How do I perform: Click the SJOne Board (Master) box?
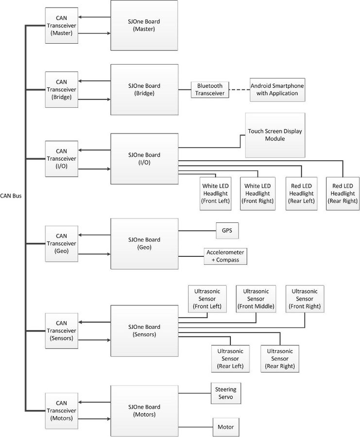[144, 25]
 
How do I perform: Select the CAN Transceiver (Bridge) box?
[62, 89]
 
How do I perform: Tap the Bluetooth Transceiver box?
[210, 89]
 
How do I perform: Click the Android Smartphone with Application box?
[277, 90]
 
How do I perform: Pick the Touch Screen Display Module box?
[275, 135]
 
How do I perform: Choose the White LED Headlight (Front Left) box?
[216, 193]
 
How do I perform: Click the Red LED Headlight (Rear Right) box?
[343, 193]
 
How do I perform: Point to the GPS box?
[227, 231]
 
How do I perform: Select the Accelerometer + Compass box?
[225, 256]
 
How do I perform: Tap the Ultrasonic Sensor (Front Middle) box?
[256, 299]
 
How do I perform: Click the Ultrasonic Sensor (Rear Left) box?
[230, 359]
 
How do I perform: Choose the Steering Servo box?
[225, 393]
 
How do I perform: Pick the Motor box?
[226, 427]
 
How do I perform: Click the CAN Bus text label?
[11, 196]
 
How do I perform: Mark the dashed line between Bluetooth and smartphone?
[240, 89]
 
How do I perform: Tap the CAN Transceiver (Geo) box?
[62, 244]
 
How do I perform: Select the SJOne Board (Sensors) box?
[144, 331]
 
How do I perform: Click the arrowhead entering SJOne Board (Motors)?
[109, 419]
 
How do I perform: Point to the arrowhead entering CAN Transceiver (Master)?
[80, 17]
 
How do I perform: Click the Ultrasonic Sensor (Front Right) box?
[305, 299]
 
